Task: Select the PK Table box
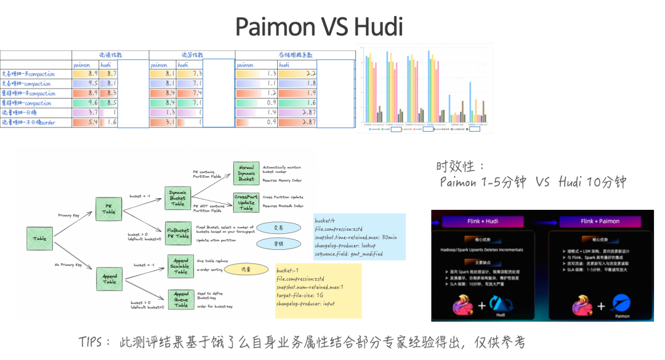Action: pos(108,208)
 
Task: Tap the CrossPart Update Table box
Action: pos(246,201)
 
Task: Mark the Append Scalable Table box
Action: pos(180,265)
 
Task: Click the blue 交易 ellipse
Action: pos(279,228)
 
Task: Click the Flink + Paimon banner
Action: pos(599,222)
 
